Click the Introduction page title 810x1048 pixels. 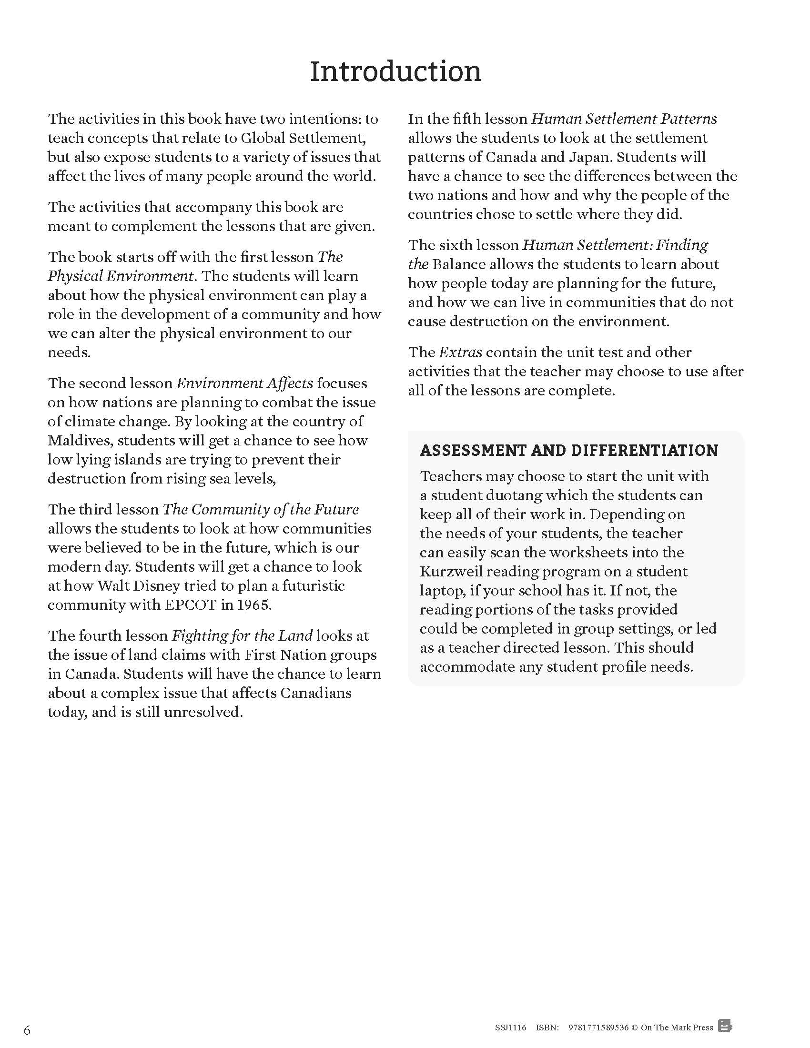pos(395,71)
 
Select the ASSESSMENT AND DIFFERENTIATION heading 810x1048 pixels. pos(568,450)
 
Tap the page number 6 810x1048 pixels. pos(27,1030)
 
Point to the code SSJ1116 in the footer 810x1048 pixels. pos(511,1028)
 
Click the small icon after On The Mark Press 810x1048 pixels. pos(725,1027)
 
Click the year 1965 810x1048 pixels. pos(253,605)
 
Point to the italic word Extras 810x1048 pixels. pos(460,352)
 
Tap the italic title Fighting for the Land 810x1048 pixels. pos(242,636)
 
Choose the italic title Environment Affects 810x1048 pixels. pos(244,383)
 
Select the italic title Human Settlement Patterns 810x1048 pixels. pos(624,119)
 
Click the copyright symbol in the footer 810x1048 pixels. pos(634,1028)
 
